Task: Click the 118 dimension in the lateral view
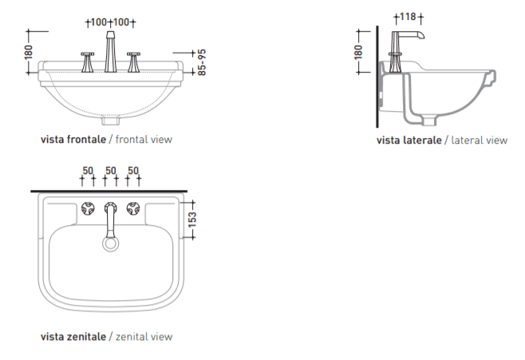[x=408, y=17]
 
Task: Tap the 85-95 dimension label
[x=202, y=62]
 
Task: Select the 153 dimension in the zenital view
[x=192, y=220]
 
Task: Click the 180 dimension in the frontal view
[x=29, y=52]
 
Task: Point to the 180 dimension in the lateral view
[x=358, y=52]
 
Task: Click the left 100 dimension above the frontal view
[x=99, y=22]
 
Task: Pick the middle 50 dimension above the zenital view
[x=110, y=171]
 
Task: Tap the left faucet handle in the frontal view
[x=88, y=62]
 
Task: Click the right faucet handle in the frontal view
[x=133, y=62]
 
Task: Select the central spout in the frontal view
[x=110, y=52]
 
